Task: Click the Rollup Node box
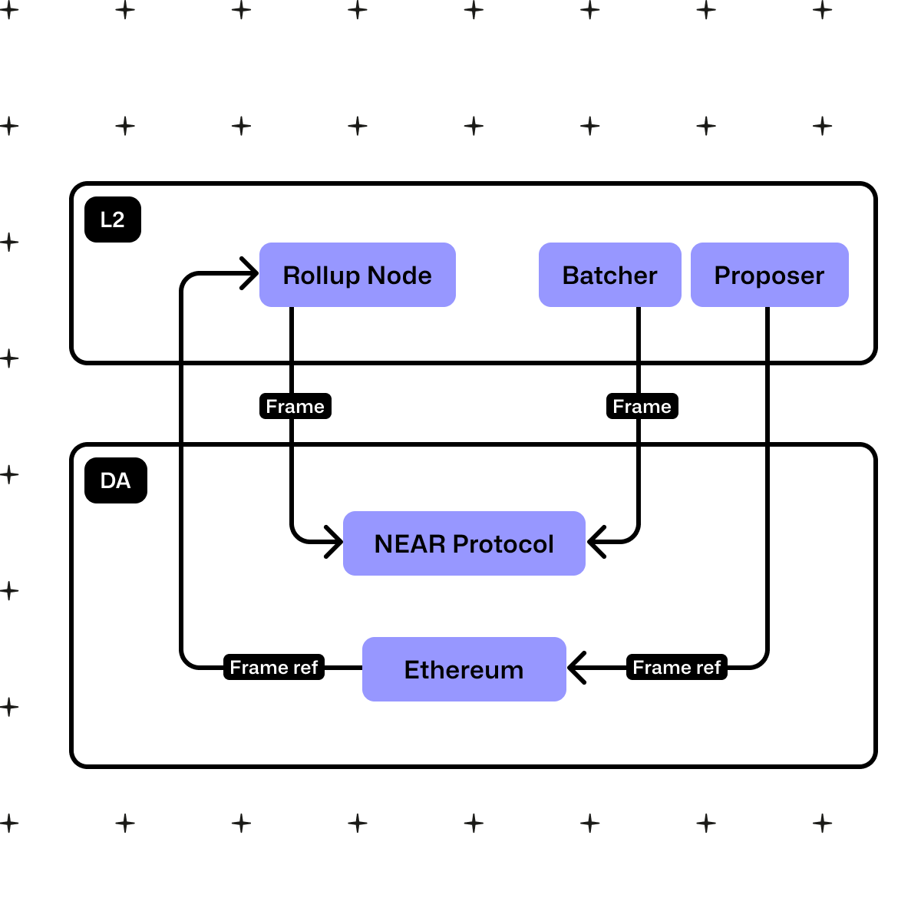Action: (358, 275)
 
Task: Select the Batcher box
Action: (610, 275)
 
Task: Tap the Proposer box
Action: (770, 275)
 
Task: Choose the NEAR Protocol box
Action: (464, 543)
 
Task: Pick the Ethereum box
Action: (464, 669)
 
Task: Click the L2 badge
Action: (113, 220)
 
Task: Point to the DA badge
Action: (116, 480)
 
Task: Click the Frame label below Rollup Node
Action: (295, 406)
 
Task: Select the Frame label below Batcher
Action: (642, 406)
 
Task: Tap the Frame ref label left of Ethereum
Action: (274, 667)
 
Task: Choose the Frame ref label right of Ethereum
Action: (677, 667)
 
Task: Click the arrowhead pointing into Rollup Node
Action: (250, 273)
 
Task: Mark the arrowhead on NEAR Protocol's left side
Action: (335, 542)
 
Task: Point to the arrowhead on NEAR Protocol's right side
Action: (596, 542)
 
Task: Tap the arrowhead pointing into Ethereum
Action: (577, 667)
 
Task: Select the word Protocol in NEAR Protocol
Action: (503, 543)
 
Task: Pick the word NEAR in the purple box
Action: (410, 543)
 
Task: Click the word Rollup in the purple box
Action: (322, 276)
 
